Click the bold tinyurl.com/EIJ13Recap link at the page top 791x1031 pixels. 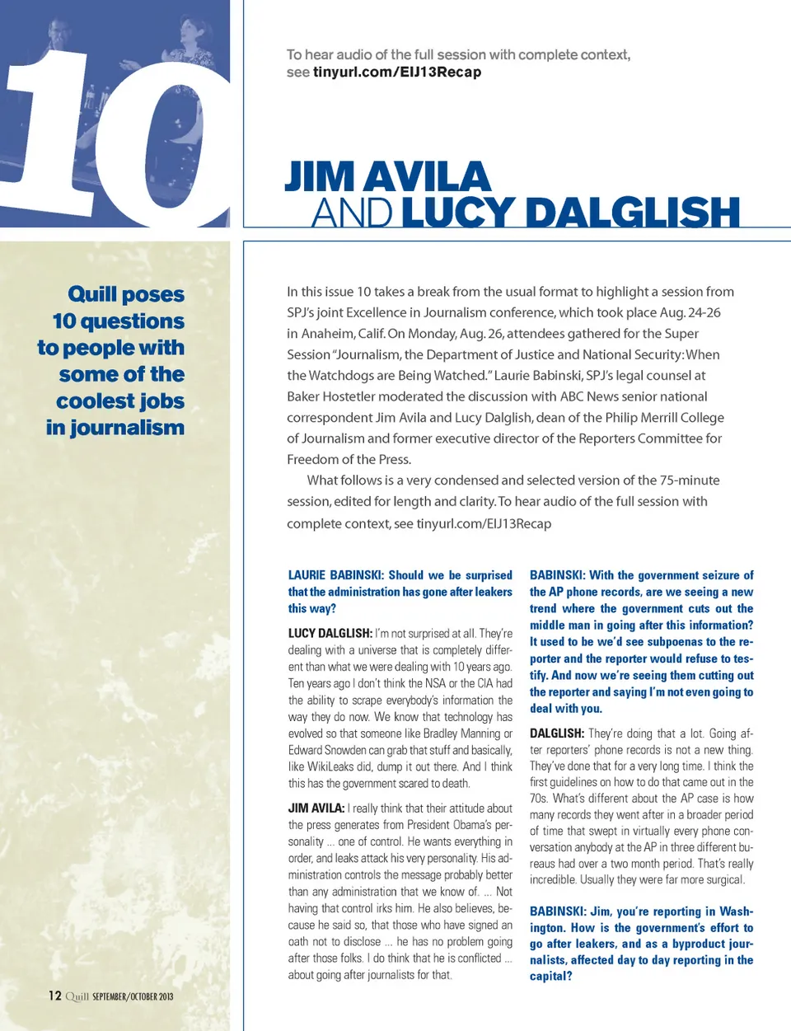[396, 73]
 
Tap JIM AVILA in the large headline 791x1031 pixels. [387, 176]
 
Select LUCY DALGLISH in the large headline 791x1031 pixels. [570, 212]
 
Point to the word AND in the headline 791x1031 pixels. [352, 213]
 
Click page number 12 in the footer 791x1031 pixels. [54, 996]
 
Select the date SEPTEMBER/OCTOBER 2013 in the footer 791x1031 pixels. [133, 996]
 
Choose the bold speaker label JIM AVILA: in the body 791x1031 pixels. [316, 808]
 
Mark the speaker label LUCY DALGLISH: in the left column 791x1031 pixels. [330, 634]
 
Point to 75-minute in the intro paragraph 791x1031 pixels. [689, 480]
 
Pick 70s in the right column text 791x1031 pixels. [540, 798]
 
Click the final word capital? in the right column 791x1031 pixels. [550, 977]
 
